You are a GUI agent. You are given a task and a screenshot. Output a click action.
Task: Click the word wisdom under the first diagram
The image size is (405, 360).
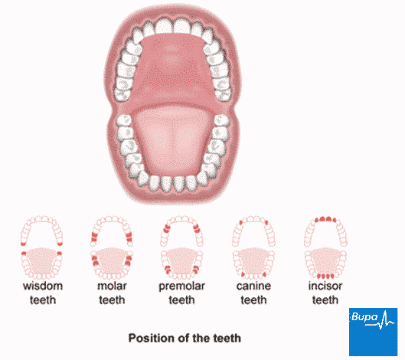coord(43,286)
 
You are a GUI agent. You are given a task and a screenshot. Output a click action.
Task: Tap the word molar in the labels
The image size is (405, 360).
coord(112,286)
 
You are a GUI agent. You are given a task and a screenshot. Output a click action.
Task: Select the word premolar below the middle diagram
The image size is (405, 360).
coord(182,287)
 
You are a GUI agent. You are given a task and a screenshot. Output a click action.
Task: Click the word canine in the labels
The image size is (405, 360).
coord(253,286)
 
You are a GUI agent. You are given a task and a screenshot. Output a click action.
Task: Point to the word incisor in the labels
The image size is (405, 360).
coord(325,286)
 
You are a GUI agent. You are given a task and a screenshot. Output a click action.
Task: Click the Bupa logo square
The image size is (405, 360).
coord(374,332)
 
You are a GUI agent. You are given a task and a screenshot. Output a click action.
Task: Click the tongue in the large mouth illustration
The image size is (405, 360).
coord(172,141)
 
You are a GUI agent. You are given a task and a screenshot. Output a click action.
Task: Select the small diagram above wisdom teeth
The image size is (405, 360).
coord(41,247)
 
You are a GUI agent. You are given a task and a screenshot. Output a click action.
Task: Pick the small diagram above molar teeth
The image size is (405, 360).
coord(112,247)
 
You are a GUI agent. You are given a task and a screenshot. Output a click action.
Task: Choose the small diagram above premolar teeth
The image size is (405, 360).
coord(181,247)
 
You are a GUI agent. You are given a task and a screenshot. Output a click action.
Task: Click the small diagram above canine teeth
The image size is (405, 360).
coord(253,247)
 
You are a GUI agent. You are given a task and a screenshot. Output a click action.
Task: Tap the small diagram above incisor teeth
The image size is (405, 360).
coord(325,247)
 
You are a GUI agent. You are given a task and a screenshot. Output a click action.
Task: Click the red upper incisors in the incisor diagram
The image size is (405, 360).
coord(325,219)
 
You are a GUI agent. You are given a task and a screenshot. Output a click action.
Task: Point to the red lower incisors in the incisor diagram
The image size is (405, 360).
coord(325,276)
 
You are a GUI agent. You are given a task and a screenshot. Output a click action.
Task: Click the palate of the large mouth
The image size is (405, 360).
coord(171,67)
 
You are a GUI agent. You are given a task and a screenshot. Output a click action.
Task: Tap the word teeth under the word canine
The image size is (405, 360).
coord(253,300)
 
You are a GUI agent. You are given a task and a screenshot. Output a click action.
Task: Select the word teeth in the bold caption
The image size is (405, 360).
coord(227,339)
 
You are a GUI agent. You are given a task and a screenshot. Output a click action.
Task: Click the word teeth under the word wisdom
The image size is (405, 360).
coord(43,300)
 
